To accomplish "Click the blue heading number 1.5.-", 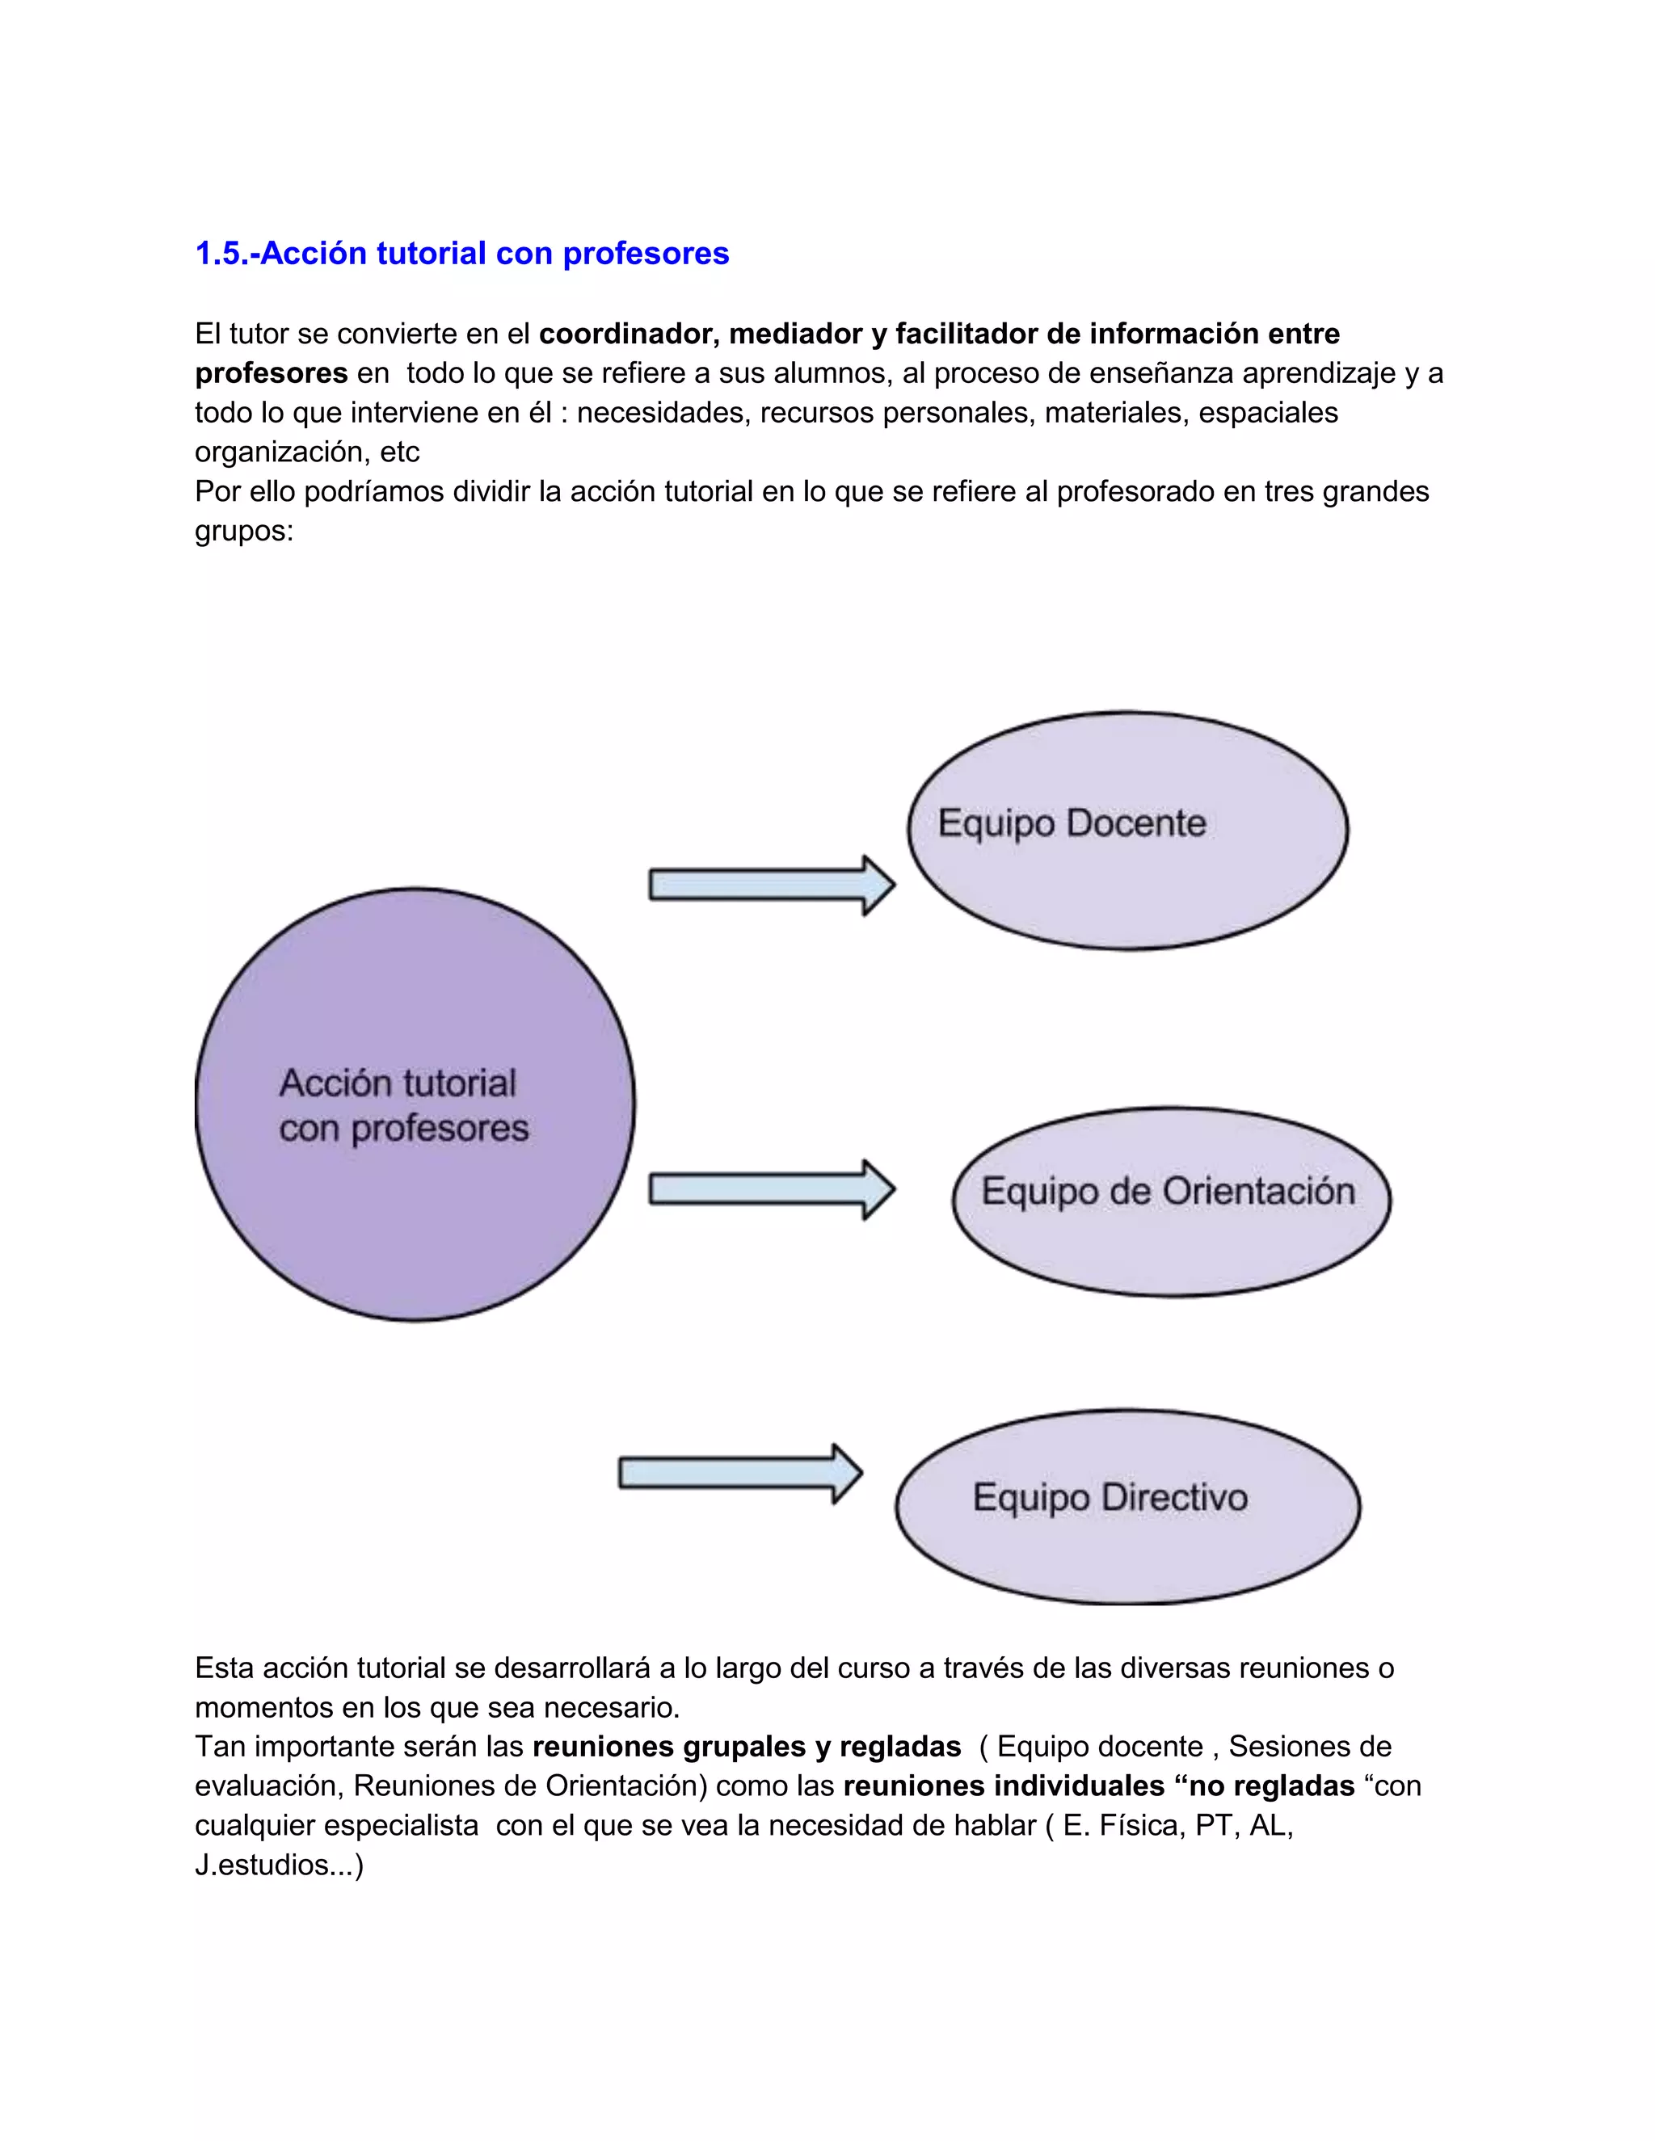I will [226, 253].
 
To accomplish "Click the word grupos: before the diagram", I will [244, 532].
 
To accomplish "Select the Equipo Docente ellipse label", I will [1072, 823].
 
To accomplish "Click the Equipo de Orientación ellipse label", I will [1168, 1191].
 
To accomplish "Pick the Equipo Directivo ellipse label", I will [1110, 1497].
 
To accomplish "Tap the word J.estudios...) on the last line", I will [280, 1865].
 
